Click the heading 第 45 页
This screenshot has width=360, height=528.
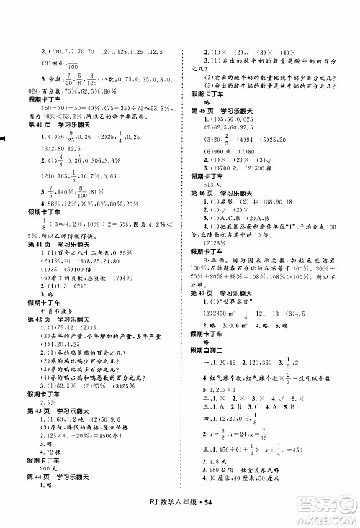click(202, 109)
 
